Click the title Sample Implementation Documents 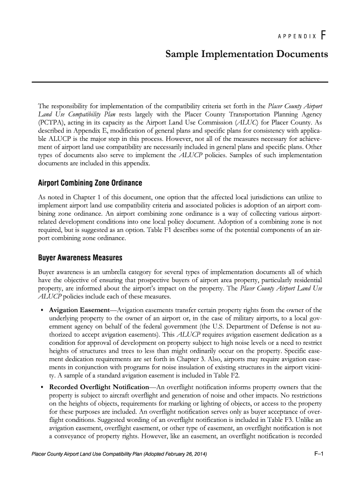pyautogui.click(x=246, y=55)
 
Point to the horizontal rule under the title pyautogui.click(x=180, y=82)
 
